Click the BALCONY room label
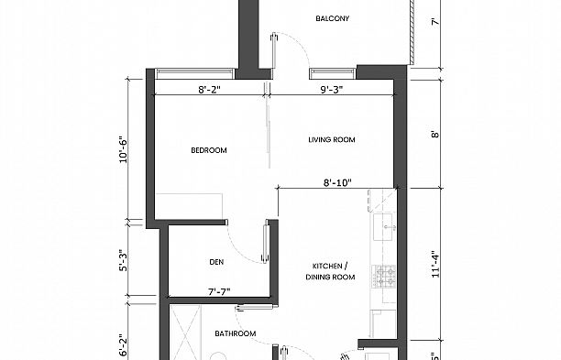click(x=332, y=18)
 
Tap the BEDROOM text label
click(x=209, y=150)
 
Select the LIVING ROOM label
click(x=331, y=140)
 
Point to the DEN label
click(x=216, y=261)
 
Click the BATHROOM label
click(x=235, y=333)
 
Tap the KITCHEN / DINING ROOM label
click(x=329, y=271)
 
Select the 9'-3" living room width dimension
click(x=333, y=90)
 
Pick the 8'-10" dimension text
click(x=339, y=183)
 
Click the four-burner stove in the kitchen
click(x=382, y=274)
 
